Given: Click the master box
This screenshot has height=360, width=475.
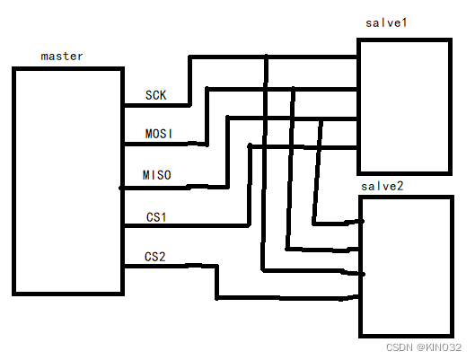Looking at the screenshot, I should coord(68,180).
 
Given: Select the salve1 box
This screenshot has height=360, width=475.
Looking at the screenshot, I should coord(403,106).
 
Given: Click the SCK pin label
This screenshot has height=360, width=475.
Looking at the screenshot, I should coord(155,95).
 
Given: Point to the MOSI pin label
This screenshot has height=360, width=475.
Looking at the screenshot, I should coord(159,134).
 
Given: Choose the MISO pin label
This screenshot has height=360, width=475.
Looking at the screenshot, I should coord(157,174).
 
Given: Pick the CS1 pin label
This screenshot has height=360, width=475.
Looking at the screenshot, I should coord(156,216).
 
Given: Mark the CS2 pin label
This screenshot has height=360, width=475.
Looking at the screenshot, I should coord(156,257).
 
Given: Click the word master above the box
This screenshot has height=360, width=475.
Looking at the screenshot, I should coord(62,56).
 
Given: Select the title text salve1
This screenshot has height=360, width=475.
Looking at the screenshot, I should coord(387,22).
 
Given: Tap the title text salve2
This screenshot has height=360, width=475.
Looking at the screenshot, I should coord(382,185).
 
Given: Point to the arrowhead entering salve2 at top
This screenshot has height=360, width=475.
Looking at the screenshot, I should coord(356,222).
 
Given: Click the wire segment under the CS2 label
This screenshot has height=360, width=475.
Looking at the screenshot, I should coord(169,267).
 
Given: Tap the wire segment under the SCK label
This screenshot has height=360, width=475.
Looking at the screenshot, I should coord(157,106).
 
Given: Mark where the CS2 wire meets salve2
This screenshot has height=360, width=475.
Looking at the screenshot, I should coord(358,299).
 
